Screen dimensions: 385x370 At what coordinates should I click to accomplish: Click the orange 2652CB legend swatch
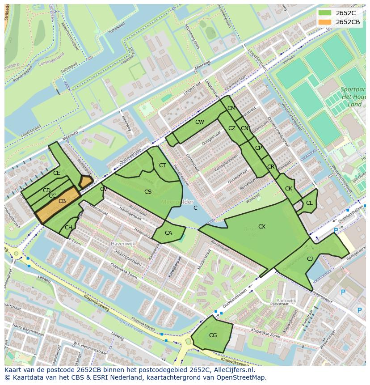pyautogui.click(x=325, y=22)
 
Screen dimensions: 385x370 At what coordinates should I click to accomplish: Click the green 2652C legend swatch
pyautogui.click(x=325, y=13)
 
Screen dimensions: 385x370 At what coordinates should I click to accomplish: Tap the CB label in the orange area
pyautogui.click(x=62, y=201)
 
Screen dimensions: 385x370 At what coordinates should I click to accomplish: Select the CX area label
pyautogui.click(x=262, y=227)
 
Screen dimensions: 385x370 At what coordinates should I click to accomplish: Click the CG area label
pyautogui.click(x=213, y=335)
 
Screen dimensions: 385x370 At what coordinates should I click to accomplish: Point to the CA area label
pyautogui.click(x=168, y=233)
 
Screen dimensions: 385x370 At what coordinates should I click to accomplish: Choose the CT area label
pyautogui.click(x=162, y=165)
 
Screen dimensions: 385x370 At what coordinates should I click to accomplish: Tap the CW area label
pyautogui.click(x=199, y=122)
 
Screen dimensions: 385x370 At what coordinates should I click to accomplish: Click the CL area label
pyautogui.click(x=309, y=203)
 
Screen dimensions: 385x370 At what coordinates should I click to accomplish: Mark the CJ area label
pyautogui.click(x=310, y=258)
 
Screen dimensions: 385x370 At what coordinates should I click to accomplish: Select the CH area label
pyautogui.click(x=68, y=228)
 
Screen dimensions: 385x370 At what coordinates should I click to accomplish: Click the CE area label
pyautogui.click(x=56, y=173)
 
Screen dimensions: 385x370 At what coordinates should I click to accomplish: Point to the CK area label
pyautogui.click(x=289, y=189)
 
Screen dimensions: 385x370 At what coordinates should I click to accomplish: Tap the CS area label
pyautogui.click(x=148, y=192)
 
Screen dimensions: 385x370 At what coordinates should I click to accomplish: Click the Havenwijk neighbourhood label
pyautogui.click(x=122, y=245)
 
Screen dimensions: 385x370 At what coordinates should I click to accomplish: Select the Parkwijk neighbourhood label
pyautogui.click(x=286, y=300)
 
